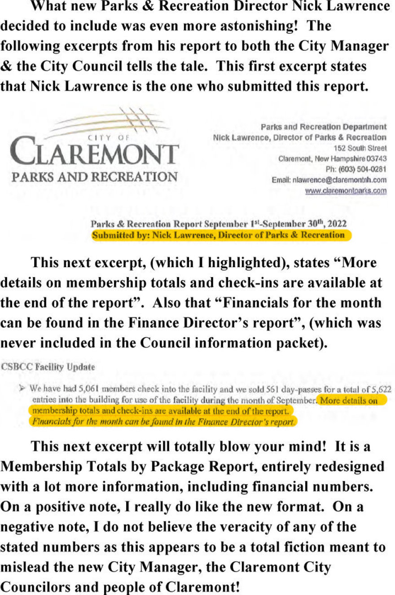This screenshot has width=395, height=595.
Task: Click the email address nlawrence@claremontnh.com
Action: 329,180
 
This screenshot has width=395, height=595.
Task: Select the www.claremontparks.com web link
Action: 346,190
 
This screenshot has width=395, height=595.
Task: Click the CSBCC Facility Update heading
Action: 48,367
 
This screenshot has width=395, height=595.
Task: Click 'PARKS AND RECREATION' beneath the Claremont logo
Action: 94,176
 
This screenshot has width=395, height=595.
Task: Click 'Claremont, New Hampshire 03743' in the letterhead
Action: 332,159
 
